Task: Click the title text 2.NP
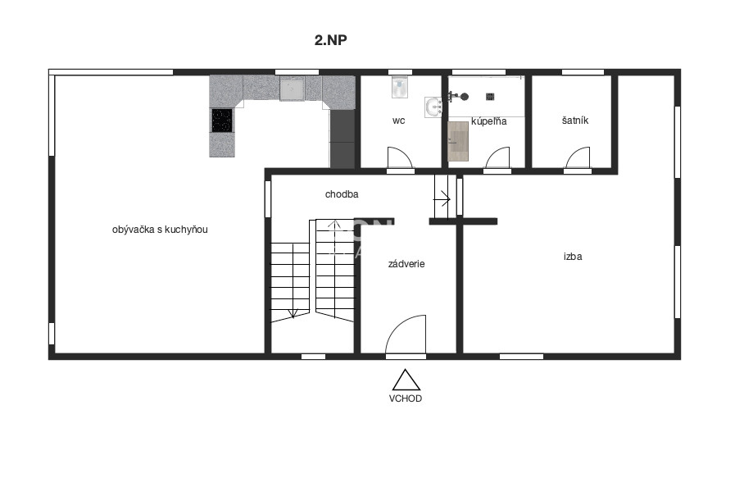(333, 39)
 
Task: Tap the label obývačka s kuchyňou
(160, 230)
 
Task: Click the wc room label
(398, 121)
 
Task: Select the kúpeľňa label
(489, 121)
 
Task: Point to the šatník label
(574, 121)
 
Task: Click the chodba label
(342, 194)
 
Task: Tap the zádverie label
(406, 264)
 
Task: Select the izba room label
(573, 256)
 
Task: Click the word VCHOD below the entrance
(406, 398)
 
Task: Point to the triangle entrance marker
(406, 380)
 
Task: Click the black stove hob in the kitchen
(222, 121)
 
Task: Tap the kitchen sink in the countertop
(292, 89)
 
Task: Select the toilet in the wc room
(399, 86)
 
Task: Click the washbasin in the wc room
(433, 107)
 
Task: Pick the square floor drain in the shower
(490, 96)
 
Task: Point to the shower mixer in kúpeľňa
(459, 96)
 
